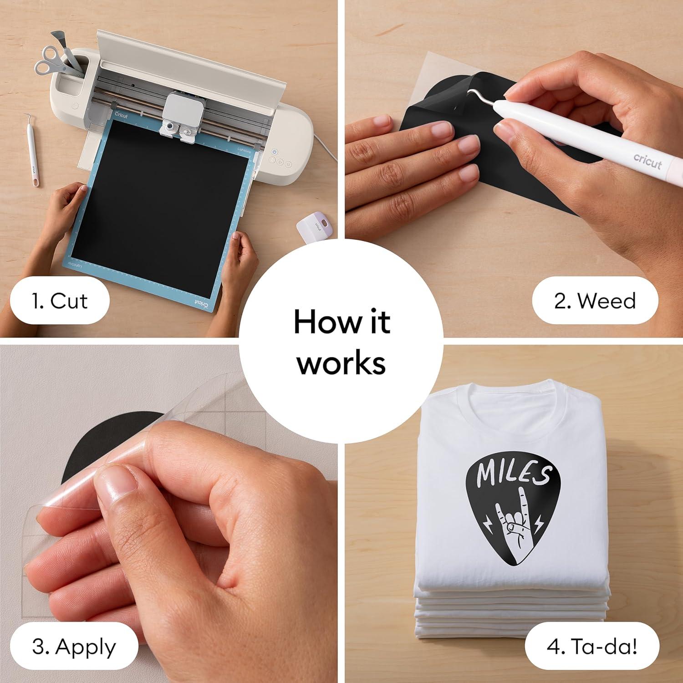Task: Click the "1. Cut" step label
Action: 60,301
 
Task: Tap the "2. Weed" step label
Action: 595,301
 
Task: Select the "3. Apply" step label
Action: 74,647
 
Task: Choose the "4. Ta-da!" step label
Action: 592,647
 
